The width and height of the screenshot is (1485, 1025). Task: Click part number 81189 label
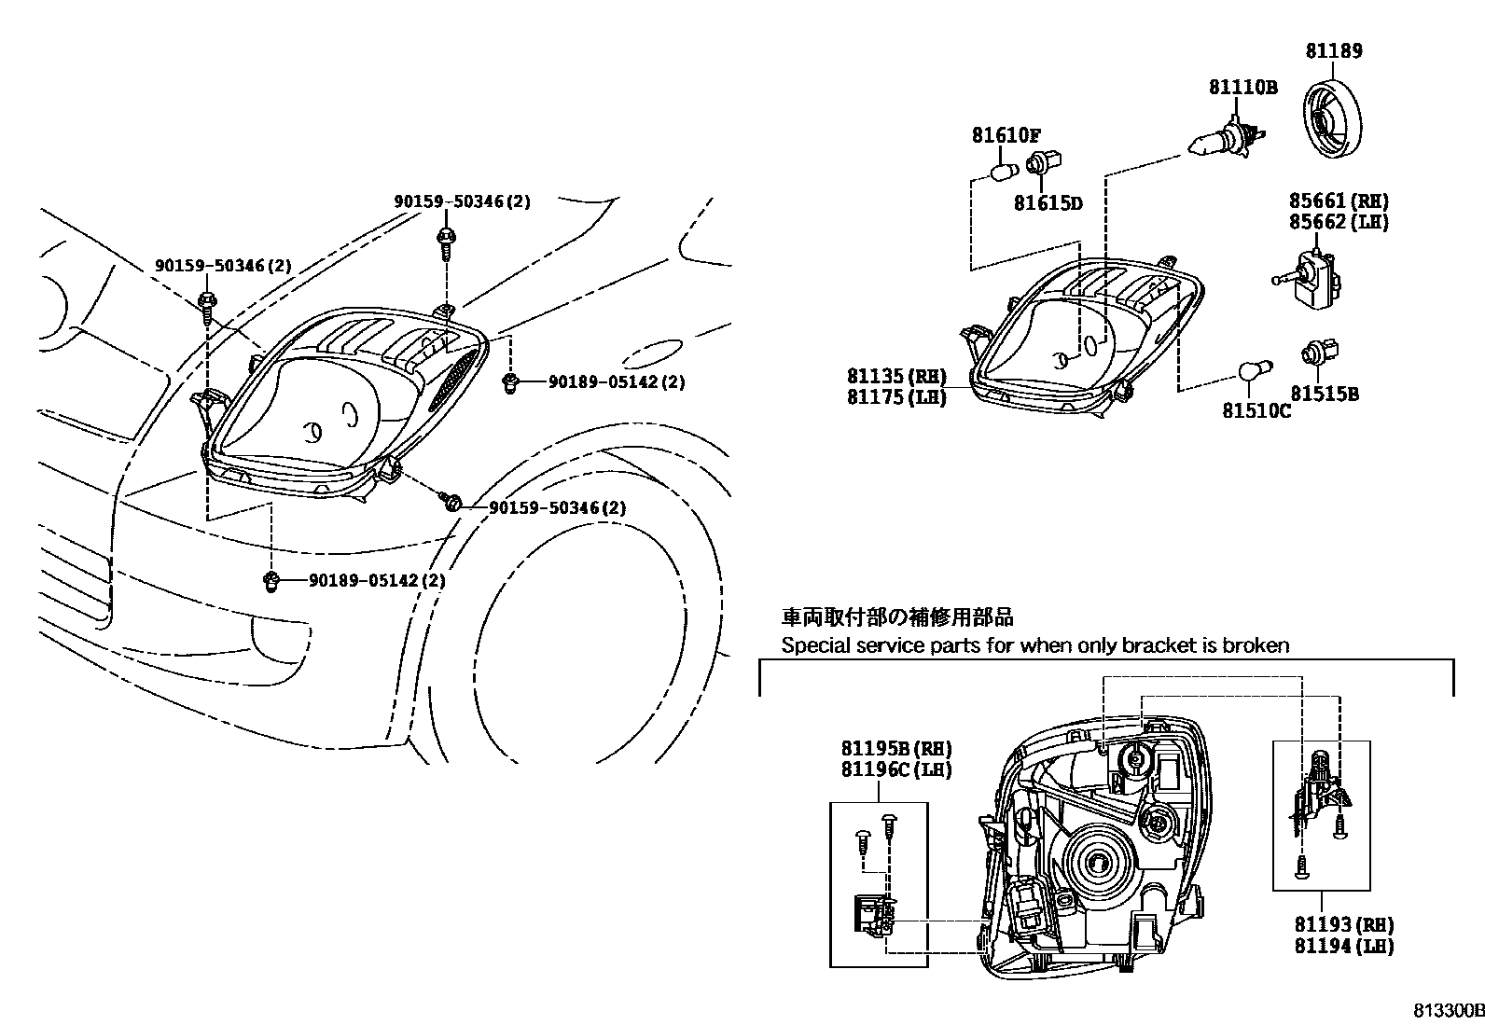tap(1333, 51)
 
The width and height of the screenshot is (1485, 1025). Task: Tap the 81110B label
tap(1242, 88)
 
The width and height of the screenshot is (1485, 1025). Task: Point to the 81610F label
tap(1006, 135)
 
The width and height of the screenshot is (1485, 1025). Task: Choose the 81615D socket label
tap(1048, 202)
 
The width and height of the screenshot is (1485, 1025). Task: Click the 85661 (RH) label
tap(1339, 201)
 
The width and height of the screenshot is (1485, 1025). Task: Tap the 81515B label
tap(1325, 395)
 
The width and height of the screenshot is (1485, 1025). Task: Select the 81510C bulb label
tap(1256, 409)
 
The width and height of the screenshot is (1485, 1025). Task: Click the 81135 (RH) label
tap(896, 376)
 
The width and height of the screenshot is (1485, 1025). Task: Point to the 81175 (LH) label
tap(896, 397)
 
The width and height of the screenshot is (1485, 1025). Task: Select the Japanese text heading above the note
tap(896, 616)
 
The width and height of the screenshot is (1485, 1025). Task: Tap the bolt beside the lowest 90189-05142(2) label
tap(271, 582)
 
